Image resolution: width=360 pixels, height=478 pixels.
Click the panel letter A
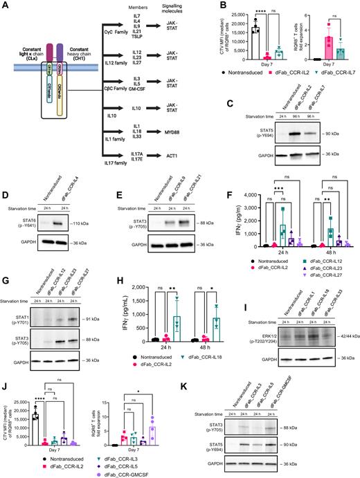[5, 6]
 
